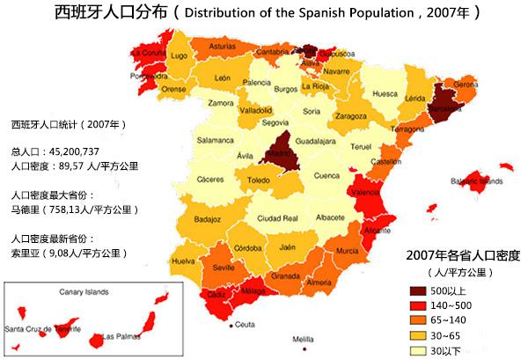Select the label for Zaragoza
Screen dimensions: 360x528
(x=350, y=115)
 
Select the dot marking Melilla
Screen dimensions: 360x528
(x=304, y=329)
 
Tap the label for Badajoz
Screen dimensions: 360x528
(x=207, y=218)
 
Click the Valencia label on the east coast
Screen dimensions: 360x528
(x=364, y=191)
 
